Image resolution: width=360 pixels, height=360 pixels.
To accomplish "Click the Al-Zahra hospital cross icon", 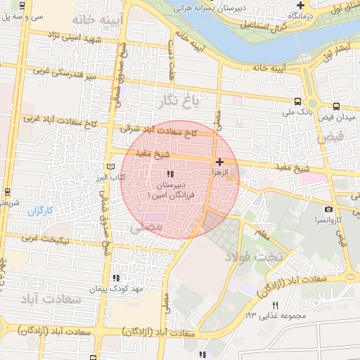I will pyautogui.click(x=220, y=162).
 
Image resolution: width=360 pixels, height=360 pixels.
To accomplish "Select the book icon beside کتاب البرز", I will pyautogui.click(x=109, y=167).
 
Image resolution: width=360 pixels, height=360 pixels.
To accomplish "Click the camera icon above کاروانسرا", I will pyautogui.click(x=328, y=209).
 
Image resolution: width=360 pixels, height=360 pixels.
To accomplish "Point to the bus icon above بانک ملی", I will pyautogui.click(x=297, y=101).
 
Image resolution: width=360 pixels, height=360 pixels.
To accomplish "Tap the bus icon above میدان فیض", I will pyautogui.click(x=336, y=106).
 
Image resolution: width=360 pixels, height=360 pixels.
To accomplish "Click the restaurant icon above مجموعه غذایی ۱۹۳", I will pyautogui.click(x=275, y=305).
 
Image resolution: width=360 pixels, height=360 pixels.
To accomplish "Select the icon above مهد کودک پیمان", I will pyautogui.click(x=116, y=278).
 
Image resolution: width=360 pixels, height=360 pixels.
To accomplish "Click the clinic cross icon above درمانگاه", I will pyautogui.click(x=300, y=4).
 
